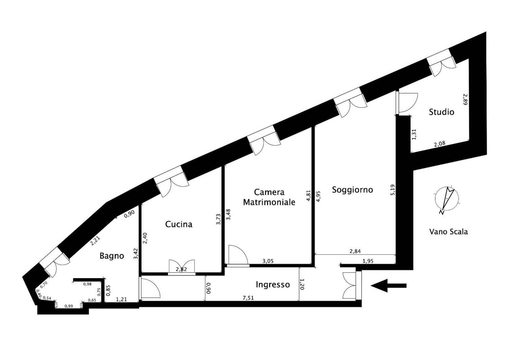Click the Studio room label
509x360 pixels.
(441, 112)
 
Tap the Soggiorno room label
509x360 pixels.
(352, 190)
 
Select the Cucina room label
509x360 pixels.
(179, 224)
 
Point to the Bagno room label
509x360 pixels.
(112, 255)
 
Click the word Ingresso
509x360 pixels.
(273, 284)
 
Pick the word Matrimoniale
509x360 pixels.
(269, 202)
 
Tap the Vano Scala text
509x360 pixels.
(448, 232)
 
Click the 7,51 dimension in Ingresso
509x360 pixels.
(249, 298)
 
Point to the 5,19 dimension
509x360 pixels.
(392, 190)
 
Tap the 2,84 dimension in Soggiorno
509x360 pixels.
(355, 251)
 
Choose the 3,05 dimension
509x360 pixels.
(268, 261)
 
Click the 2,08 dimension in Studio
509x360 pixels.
(439, 144)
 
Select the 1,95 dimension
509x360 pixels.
(368, 261)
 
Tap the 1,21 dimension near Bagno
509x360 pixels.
(121, 299)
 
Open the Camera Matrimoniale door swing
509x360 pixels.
(238, 255)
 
